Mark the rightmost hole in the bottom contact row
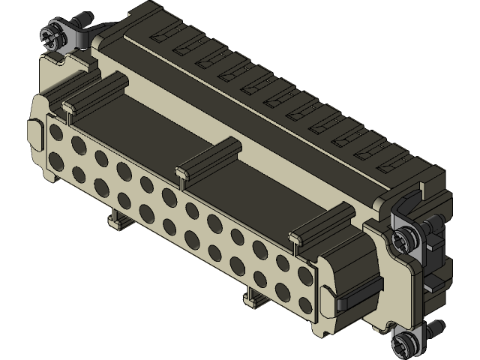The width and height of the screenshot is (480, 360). tap(305, 303)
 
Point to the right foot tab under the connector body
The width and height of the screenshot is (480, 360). tap(248, 298)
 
